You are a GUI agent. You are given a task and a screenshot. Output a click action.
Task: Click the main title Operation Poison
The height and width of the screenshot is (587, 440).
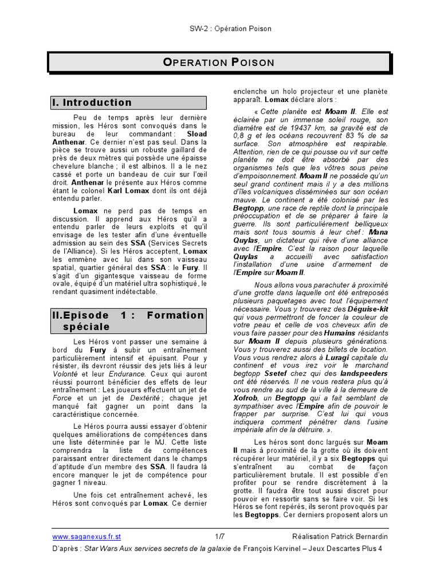tap(219, 62)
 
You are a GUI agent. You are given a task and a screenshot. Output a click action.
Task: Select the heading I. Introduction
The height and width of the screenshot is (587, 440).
tap(92, 103)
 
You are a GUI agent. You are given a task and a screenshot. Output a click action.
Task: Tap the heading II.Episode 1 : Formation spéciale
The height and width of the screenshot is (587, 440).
tap(128, 321)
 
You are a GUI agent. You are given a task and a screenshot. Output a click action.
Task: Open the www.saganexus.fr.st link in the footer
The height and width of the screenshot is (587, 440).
tap(87, 537)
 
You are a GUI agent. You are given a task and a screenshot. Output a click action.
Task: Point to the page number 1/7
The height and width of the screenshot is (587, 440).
tap(220, 537)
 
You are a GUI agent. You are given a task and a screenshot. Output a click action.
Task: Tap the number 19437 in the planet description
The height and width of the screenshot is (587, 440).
tap(303, 128)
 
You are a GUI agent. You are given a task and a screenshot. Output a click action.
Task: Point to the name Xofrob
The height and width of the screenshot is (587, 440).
tap(245, 397)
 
